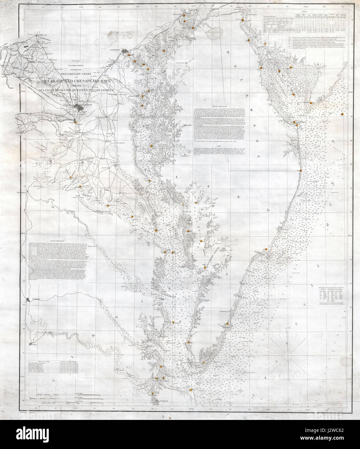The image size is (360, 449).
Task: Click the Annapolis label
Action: (134, 96)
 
